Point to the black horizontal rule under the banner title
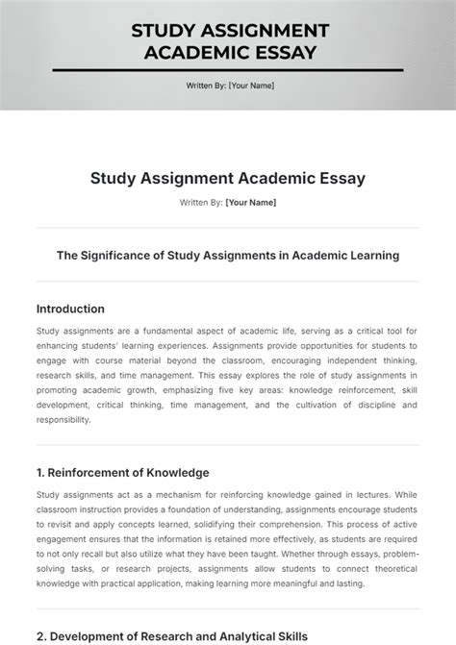tap(227, 70)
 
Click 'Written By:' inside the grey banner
tap(206, 87)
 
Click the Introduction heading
tap(70, 309)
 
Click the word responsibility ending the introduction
tap(64, 419)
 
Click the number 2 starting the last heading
tap(40, 636)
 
